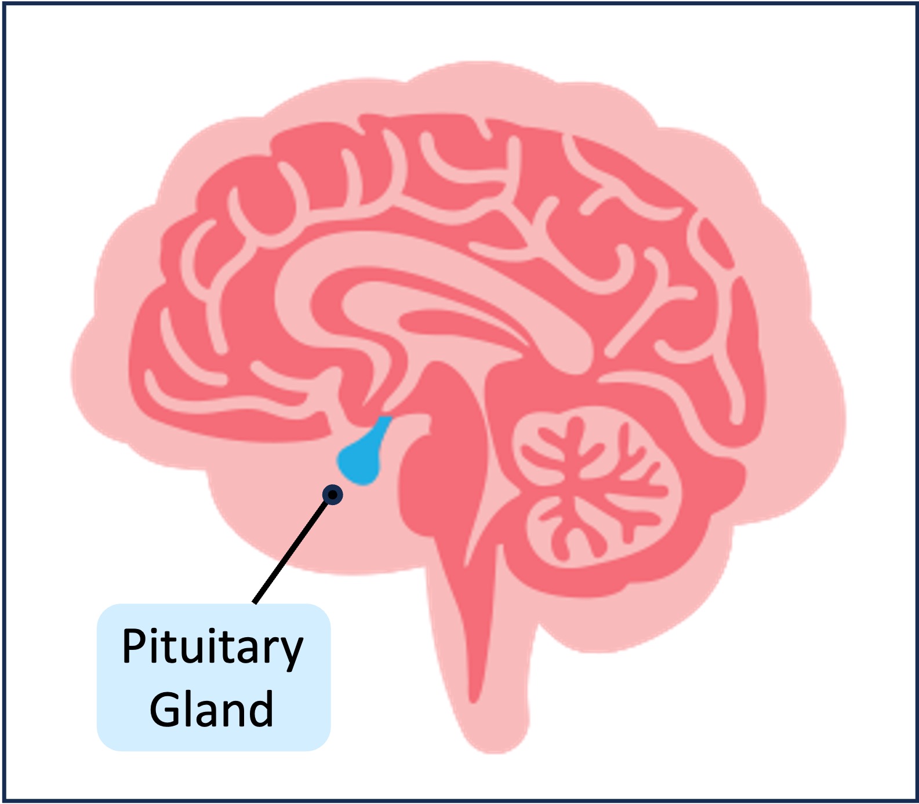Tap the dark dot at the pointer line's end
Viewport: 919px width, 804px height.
(333, 495)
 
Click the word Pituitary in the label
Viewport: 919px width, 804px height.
(212, 647)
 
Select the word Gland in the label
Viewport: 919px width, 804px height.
(212, 709)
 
